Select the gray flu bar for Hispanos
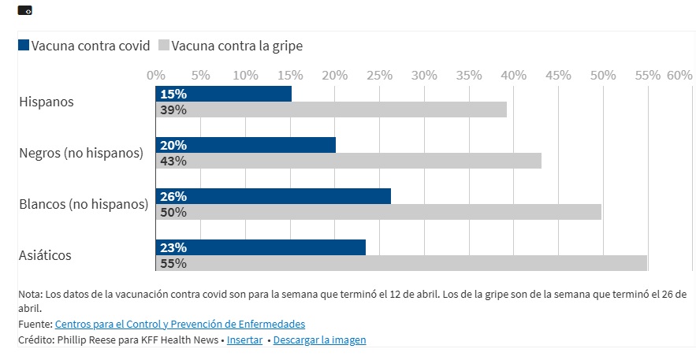(331, 109)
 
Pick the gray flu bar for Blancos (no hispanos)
(378, 212)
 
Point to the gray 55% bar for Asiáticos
(402, 263)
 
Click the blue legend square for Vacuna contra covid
(24, 46)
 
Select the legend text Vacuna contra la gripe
(237, 46)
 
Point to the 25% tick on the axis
(380, 75)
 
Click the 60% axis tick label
(679, 75)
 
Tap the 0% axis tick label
(156, 75)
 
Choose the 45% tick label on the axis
(558, 75)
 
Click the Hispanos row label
(46, 102)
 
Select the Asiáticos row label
(45, 255)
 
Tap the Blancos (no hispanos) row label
(84, 204)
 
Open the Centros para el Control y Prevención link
(180, 324)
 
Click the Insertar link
(245, 340)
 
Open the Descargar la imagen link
(321, 340)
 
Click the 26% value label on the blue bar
(173, 196)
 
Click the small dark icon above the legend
(24, 10)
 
